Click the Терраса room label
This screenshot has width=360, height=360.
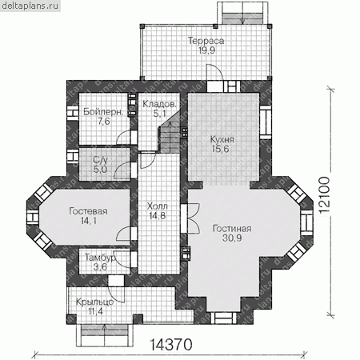pyautogui.click(x=206, y=41)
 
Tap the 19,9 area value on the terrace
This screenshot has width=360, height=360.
pyautogui.click(x=206, y=50)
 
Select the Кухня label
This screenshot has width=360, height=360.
pyautogui.click(x=222, y=139)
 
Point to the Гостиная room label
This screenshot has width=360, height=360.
pyautogui.click(x=232, y=229)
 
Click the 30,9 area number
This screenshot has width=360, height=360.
pyautogui.click(x=232, y=238)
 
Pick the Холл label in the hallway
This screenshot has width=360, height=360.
pyautogui.click(x=158, y=206)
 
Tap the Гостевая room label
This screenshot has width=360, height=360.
pyautogui.click(x=88, y=211)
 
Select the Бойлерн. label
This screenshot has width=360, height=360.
pyautogui.click(x=103, y=112)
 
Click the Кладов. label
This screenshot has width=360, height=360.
pyautogui.click(x=159, y=104)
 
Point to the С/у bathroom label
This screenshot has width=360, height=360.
pyautogui.click(x=101, y=160)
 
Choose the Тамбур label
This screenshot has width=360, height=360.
pyautogui.click(x=100, y=258)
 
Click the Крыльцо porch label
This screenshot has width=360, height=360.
pyautogui.click(x=94, y=302)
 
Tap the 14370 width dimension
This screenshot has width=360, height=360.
pyautogui.click(x=171, y=345)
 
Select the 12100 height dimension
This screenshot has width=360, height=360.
pyautogui.click(x=324, y=194)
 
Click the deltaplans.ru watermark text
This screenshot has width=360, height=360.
pyautogui.click(x=30, y=6)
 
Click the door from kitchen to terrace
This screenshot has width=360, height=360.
pyautogui.click(x=214, y=72)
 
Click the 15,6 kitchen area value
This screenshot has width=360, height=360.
pyautogui.click(x=220, y=149)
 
